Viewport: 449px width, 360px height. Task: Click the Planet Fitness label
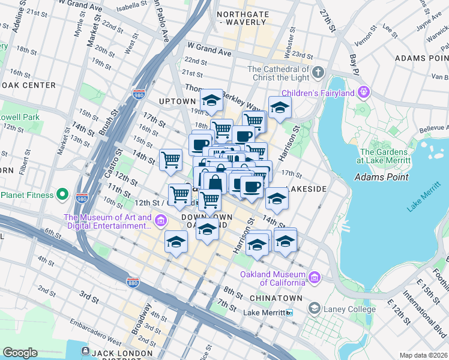pos(28,194)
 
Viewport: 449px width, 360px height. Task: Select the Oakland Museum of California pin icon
pos(314,277)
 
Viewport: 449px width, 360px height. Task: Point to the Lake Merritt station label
pos(265,313)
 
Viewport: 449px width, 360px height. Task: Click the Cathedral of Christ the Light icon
pos(318,74)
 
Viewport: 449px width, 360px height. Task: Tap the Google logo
pos(20,353)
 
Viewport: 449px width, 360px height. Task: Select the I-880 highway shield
pos(133,281)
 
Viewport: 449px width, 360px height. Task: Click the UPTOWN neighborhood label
pos(174,101)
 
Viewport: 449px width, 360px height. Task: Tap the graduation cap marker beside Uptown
pos(211,101)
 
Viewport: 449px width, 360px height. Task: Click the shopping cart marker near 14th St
pos(171,160)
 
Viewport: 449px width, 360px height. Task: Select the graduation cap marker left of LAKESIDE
pos(277,199)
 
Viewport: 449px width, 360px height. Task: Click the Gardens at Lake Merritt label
pos(384,156)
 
